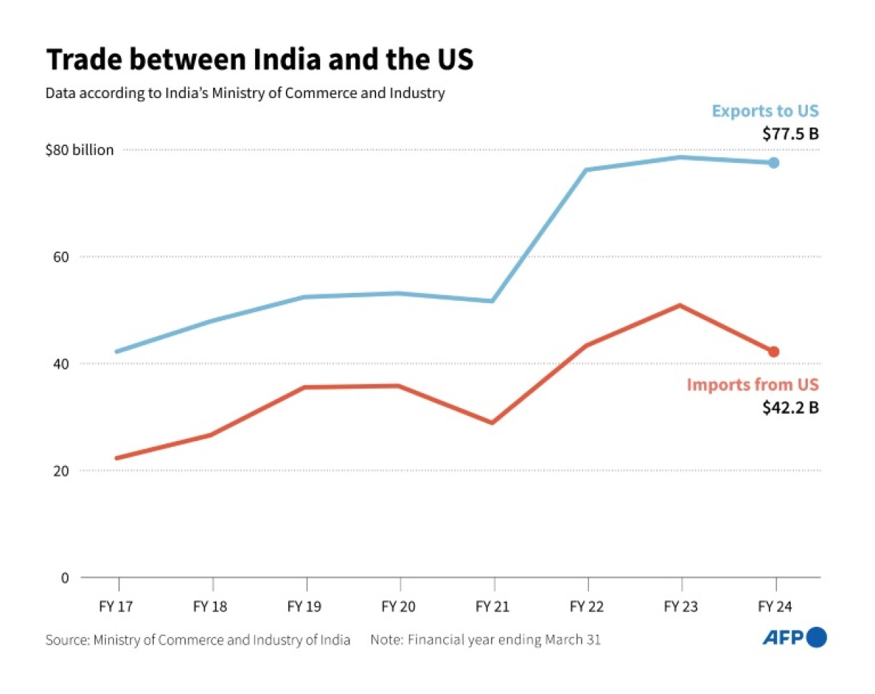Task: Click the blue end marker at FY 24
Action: [x=773, y=163]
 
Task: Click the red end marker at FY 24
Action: [x=773, y=352]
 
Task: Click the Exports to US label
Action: [x=765, y=111]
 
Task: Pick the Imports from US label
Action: [x=752, y=385]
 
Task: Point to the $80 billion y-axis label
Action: [x=79, y=151]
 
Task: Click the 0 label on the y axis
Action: [x=65, y=577]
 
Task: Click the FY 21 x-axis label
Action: [x=493, y=607]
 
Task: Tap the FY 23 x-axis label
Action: [x=681, y=607]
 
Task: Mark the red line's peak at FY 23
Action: [x=680, y=306]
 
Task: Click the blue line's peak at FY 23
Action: [x=680, y=157]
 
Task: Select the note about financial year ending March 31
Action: [x=485, y=640]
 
